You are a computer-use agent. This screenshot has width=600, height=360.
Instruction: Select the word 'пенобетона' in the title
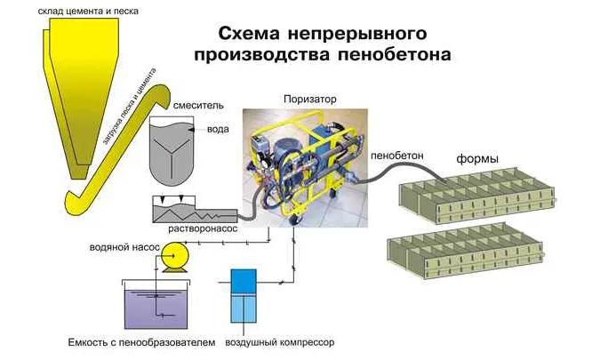(x=403, y=54)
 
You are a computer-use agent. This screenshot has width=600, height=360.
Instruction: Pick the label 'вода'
(x=218, y=129)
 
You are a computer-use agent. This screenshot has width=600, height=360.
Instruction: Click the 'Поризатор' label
(x=308, y=98)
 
